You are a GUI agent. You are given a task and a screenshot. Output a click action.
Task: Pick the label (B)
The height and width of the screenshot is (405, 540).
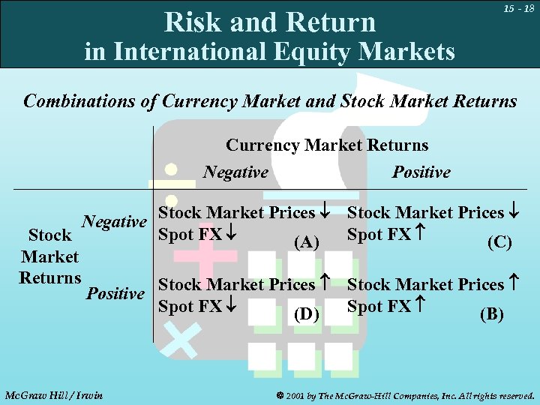click(491, 314)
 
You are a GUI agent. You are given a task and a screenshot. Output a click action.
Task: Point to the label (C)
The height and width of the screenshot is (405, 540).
click(499, 243)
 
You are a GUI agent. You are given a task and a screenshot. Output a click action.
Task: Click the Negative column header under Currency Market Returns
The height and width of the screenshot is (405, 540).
click(235, 172)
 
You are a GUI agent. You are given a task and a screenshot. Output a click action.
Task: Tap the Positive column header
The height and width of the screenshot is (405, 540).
click(421, 172)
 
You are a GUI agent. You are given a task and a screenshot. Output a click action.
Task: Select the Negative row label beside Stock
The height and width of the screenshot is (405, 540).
click(114, 222)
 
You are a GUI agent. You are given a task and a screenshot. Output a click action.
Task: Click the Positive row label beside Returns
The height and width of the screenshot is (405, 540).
click(115, 292)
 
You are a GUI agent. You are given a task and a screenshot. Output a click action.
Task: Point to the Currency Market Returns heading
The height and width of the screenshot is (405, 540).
click(327, 145)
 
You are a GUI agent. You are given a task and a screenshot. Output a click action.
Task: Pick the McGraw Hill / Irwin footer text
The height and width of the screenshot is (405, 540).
click(53, 394)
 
